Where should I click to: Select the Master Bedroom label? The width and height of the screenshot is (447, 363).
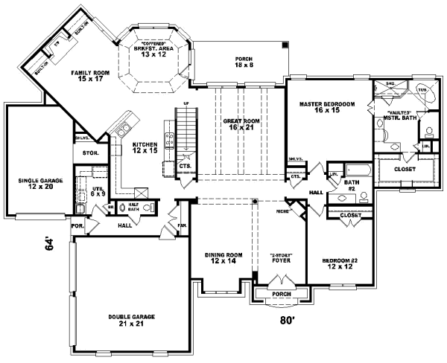pyautogui.click(x=326, y=107)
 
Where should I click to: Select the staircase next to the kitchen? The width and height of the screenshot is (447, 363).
pyautogui.click(x=186, y=131)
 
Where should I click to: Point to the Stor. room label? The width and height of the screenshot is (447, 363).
pyautogui.click(x=81, y=153)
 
